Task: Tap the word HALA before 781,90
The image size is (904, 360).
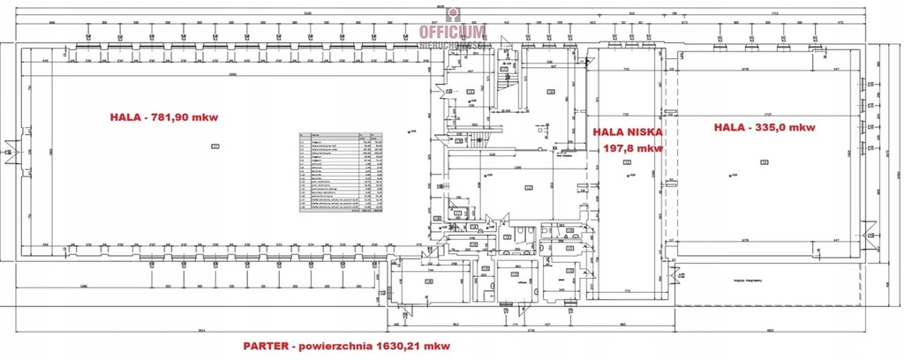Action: pyautogui.click(x=125, y=116)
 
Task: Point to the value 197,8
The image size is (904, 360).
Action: pyautogui.click(x=620, y=147)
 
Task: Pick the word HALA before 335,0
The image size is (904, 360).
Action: pyautogui.click(x=729, y=127)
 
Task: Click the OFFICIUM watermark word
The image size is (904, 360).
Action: pyautogui.click(x=453, y=33)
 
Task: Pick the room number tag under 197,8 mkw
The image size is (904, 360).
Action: pyautogui.click(x=628, y=162)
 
